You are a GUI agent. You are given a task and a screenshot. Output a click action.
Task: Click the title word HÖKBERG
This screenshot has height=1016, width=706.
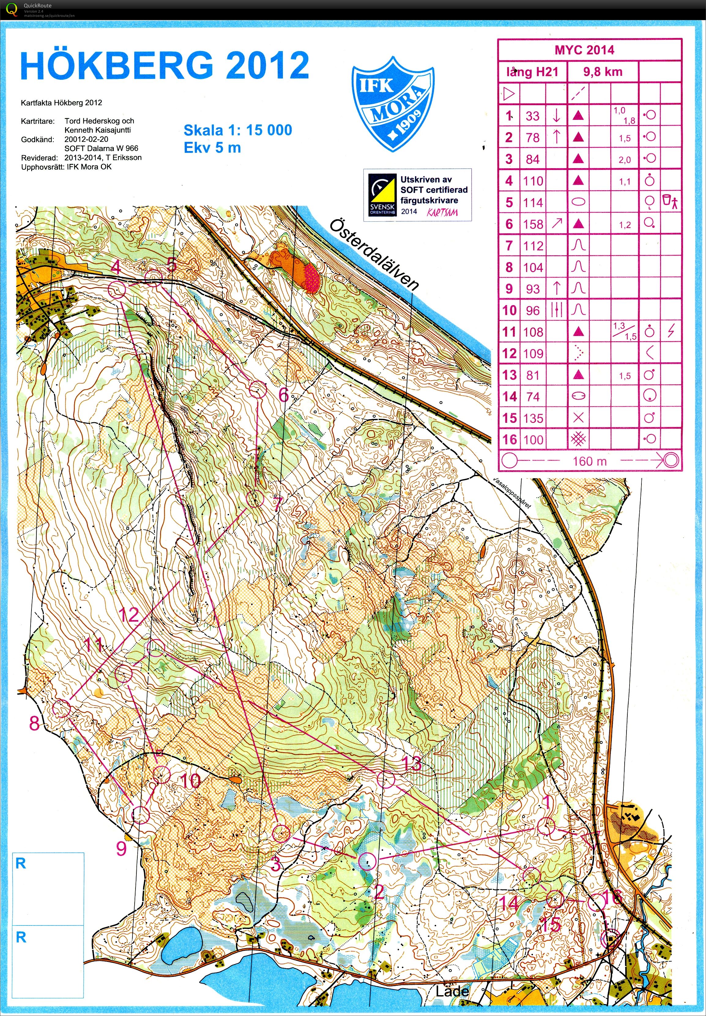coord(116,66)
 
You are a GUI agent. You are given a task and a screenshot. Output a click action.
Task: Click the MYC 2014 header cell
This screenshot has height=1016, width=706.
coord(584,50)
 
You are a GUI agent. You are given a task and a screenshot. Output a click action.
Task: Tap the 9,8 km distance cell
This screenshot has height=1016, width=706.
coord(603,72)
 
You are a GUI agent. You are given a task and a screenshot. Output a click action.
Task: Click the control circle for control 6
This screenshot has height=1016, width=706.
coord(258,390)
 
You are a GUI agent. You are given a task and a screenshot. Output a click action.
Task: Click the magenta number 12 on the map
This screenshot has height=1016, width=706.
coord(129,615)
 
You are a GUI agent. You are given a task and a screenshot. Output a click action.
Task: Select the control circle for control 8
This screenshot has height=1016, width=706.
coord(62,709)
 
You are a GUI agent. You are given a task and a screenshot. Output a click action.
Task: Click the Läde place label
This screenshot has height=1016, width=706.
coord(451,991)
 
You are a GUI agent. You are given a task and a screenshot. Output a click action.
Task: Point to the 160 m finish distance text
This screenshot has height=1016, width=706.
coord(589,461)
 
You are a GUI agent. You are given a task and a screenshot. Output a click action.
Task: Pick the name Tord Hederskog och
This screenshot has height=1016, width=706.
coord(99,121)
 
